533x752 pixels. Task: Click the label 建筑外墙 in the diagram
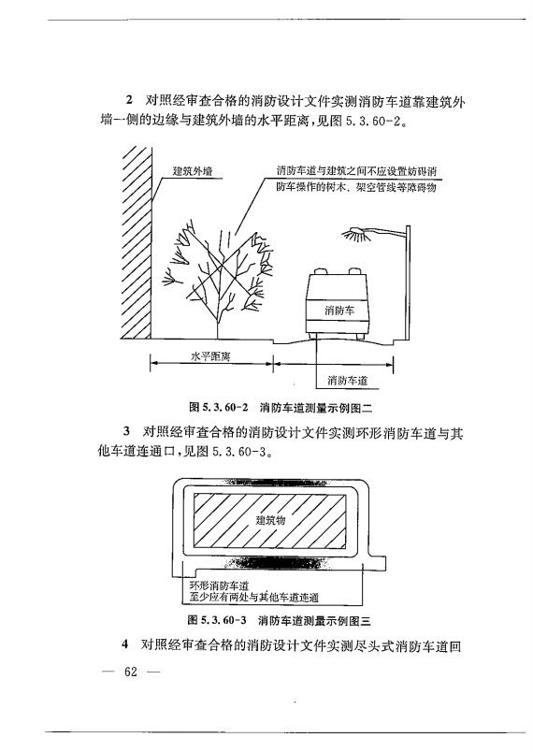(192, 171)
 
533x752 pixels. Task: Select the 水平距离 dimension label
(209, 356)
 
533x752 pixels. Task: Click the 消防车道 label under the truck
(347, 380)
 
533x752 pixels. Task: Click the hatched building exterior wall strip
(137, 243)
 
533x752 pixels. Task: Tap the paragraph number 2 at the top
(129, 100)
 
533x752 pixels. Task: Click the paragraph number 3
(127, 432)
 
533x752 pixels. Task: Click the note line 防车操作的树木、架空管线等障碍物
(357, 188)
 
